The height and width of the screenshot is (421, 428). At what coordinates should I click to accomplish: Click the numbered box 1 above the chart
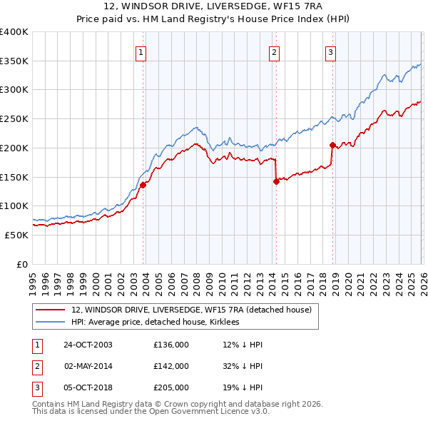tap(141, 51)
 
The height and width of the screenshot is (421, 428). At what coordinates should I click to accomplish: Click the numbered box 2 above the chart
tap(275, 51)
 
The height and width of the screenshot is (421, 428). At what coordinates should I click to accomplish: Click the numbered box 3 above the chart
tap(331, 51)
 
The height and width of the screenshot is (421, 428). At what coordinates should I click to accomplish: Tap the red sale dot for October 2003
tap(143, 185)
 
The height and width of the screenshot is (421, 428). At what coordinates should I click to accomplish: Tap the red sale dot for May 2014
tap(276, 181)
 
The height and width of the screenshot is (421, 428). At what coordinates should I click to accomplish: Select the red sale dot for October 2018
tap(332, 145)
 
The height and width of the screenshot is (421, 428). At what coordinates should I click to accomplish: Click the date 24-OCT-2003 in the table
tap(88, 345)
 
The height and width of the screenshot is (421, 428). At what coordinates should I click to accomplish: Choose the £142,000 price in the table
tap(170, 366)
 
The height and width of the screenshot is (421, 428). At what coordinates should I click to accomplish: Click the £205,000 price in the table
tap(170, 387)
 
